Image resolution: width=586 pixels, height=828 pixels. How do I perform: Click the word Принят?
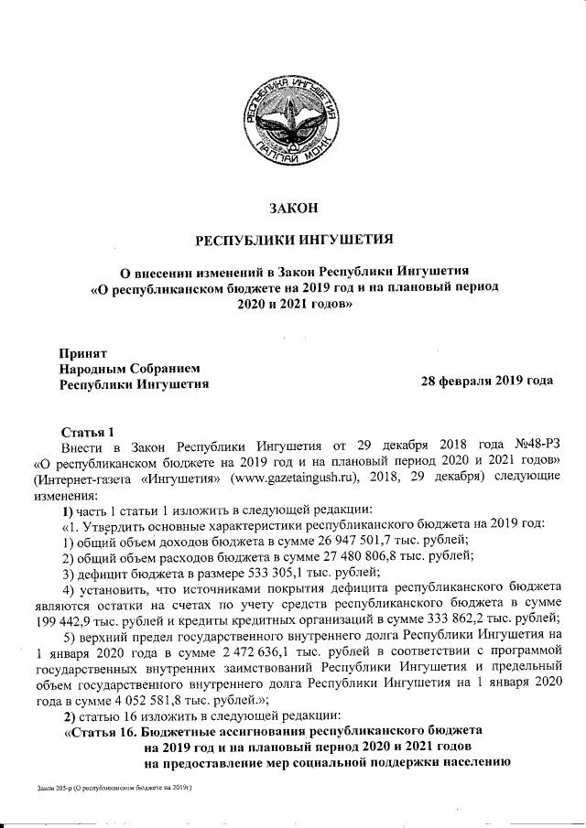83,352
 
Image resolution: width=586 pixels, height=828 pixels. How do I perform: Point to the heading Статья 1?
87,431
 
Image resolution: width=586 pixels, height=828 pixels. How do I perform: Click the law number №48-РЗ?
529,446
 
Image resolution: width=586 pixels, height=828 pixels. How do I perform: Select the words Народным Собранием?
128,368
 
